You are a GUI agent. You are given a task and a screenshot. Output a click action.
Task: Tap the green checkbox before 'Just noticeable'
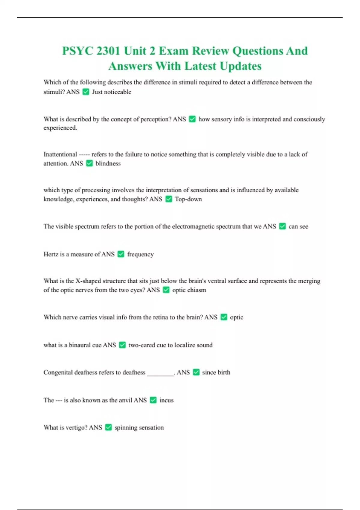pos(86,92)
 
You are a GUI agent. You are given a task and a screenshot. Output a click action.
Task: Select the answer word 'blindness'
pos(108,163)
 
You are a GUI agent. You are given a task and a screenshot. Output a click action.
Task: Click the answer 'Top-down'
pos(188,199)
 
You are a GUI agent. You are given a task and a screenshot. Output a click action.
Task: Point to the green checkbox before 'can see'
pos(282,226)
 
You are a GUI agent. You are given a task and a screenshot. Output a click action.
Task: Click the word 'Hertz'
pos(51,254)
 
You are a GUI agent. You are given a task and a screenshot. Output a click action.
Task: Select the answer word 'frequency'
pos(140,254)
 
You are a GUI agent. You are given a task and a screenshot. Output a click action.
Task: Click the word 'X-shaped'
pos(88,281)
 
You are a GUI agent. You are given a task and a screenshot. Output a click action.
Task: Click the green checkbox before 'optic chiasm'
pos(166,290)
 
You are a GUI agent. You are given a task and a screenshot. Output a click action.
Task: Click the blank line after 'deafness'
pos(160,373)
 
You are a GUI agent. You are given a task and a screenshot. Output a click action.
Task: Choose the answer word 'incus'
pos(166,400)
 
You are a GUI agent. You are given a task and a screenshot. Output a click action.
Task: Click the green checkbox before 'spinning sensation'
pos(109,427)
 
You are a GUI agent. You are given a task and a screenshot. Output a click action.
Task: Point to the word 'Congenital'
pos(58,372)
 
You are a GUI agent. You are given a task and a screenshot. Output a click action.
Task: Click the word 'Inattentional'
pos(60,154)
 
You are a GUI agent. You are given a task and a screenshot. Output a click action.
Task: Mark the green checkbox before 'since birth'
pos(196,372)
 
